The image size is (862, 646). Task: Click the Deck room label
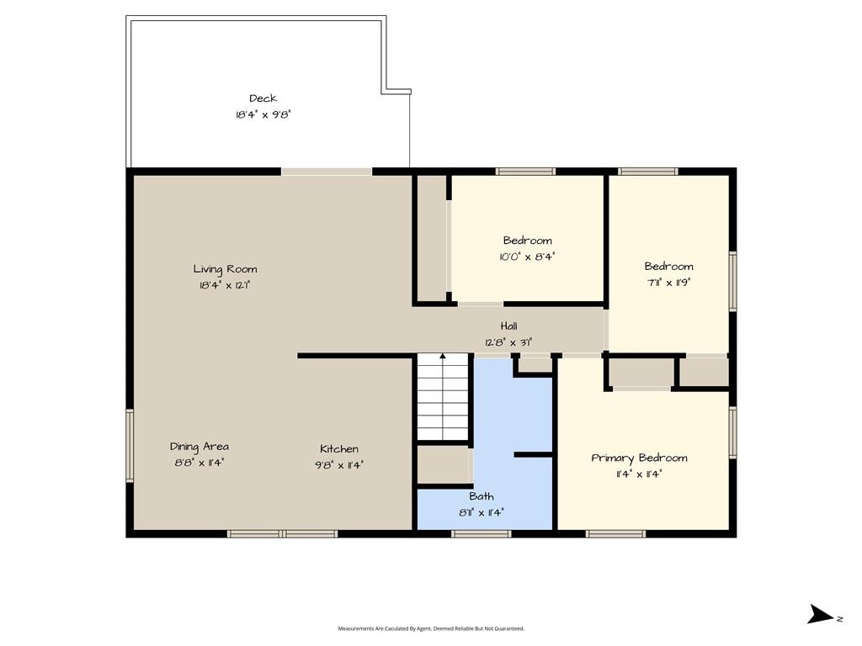[263, 98]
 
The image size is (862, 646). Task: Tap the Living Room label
[225, 269]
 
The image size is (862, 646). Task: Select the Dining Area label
[199, 447]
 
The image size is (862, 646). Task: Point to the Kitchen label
[339, 449]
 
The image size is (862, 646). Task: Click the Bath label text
[482, 496]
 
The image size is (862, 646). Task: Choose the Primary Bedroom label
[640, 458]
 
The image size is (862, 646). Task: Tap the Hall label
[508, 326]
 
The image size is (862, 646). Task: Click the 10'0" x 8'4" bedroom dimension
[527, 257]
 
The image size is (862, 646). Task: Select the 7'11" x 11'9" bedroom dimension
[668, 283]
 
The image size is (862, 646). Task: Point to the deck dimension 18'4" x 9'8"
[263, 114]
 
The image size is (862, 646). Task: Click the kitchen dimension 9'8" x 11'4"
[339, 465]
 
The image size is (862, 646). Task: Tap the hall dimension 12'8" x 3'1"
[508, 343]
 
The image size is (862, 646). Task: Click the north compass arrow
[821, 614]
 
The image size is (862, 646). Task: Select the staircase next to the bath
[443, 397]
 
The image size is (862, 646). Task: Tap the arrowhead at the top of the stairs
[443, 357]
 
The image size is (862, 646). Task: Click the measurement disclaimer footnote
[431, 628]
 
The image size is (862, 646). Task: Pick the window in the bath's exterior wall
[482, 533]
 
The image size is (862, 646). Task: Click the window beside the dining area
[130, 446]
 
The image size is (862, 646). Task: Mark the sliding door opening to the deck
[327, 172]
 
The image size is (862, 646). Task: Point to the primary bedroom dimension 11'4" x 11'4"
[640, 474]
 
